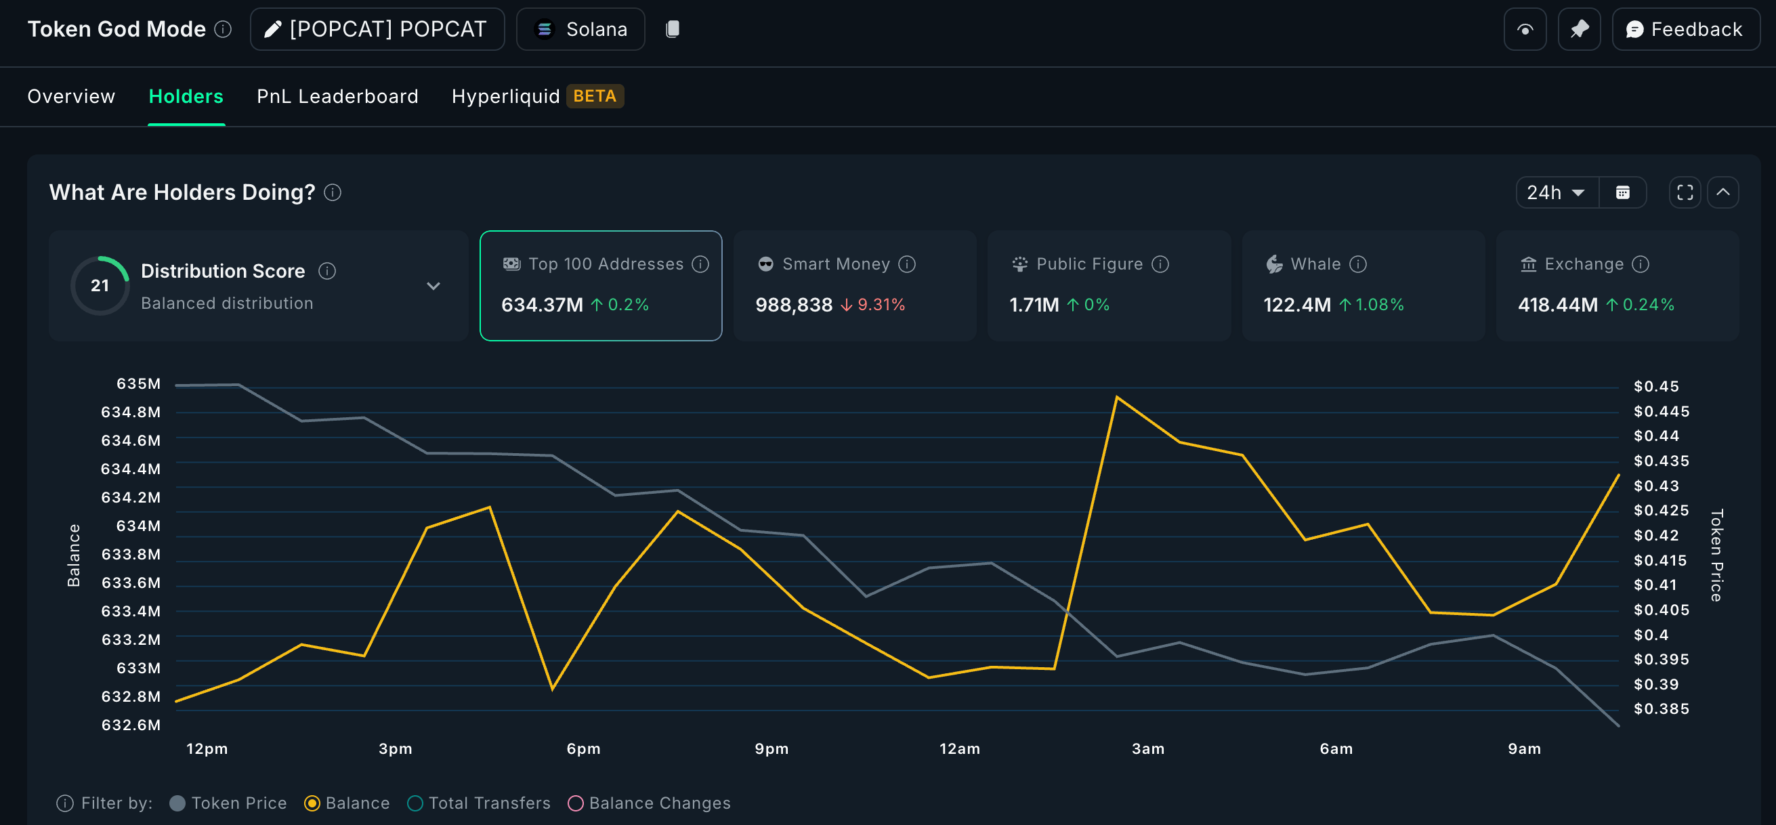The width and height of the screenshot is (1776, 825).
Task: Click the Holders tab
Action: click(x=186, y=96)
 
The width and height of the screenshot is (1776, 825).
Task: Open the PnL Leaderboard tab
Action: click(x=337, y=96)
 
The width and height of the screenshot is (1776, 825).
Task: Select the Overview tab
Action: click(x=71, y=96)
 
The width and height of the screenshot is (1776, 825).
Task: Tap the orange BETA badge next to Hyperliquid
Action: click(x=594, y=96)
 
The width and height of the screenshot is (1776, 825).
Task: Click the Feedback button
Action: click(x=1685, y=29)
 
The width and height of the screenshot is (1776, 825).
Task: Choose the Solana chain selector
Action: click(x=580, y=29)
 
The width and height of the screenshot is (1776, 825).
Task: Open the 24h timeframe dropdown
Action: click(x=1555, y=192)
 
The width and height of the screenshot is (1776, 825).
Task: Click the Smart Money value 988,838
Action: click(x=794, y=305)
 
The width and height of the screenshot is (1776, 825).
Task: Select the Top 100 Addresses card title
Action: click(x=606, y=264)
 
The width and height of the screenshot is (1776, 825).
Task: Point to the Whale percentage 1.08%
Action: click(x=1379, y=305)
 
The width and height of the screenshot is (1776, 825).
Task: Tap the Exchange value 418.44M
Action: click(x=1557, y=305)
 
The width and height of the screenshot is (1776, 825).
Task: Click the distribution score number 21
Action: click(x=100, y=285)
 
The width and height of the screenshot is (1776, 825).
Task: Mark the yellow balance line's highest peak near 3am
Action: click(x=1116, y=397)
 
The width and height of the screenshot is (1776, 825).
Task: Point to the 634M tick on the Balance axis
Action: click(x=138, y=526)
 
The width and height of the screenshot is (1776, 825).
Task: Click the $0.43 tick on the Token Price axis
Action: click(x=1656, y=486)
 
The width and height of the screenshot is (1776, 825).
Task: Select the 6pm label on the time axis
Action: click(x=583, y=748)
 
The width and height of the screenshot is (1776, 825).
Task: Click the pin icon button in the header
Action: click(x=1579, y=29)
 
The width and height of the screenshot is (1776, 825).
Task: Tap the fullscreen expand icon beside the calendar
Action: click(x=1685, y=192)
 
